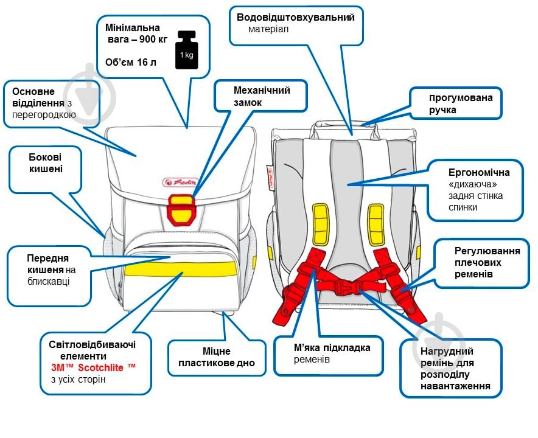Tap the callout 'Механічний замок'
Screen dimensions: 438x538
(x=261, y=96)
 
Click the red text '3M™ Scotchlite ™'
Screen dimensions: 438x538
(x=94, y=368)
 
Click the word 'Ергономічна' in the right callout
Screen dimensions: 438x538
(x=475, y=172)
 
